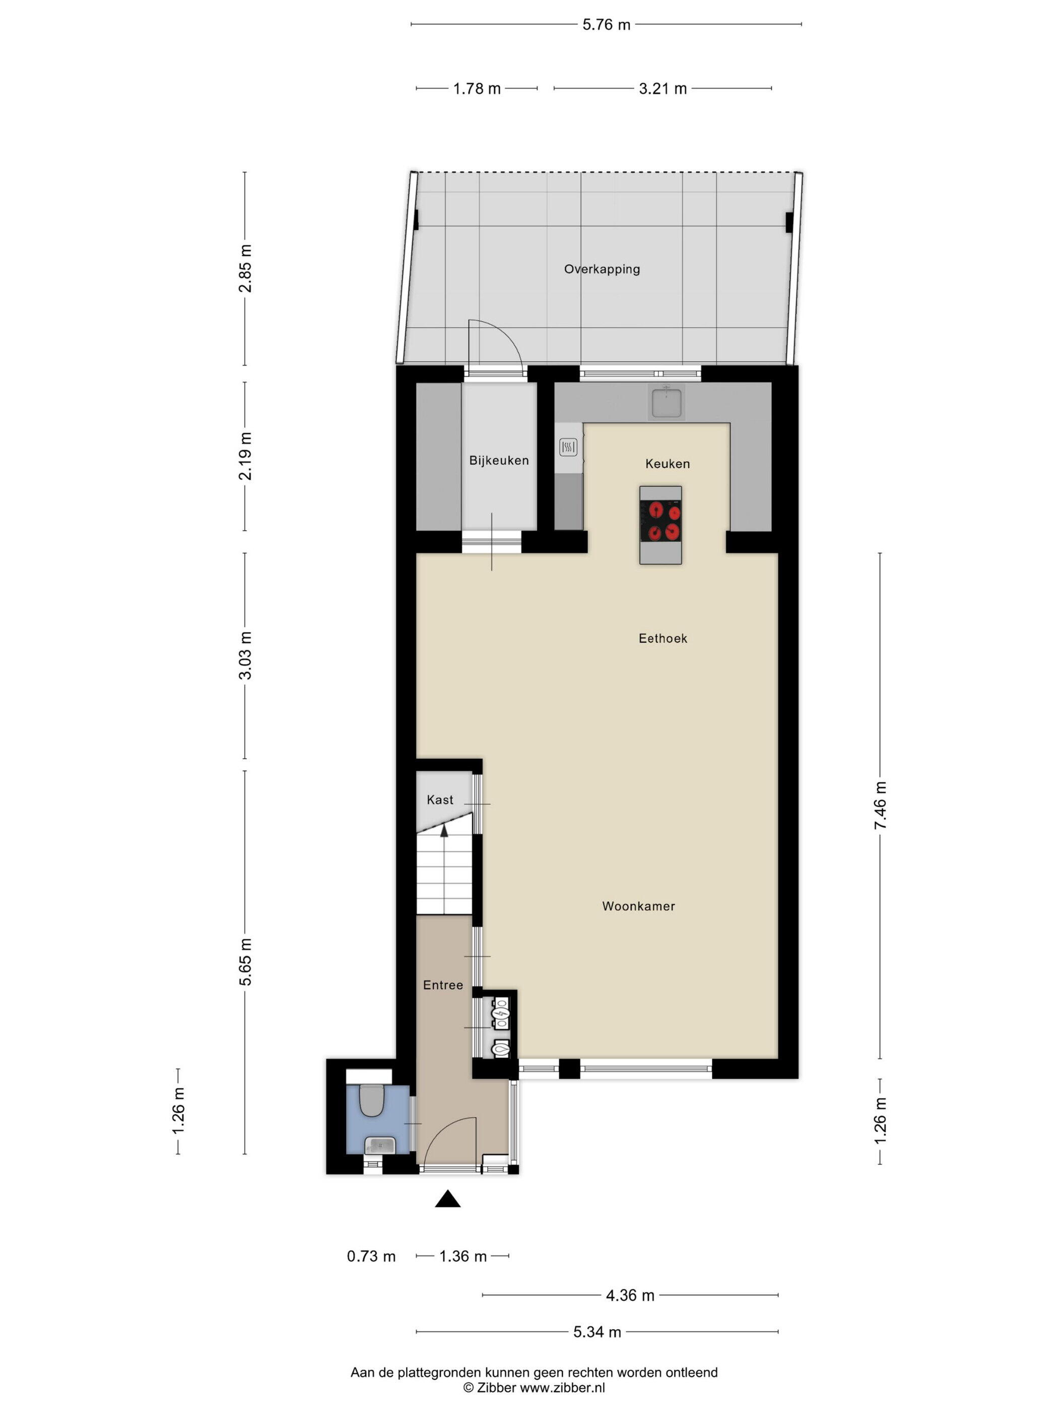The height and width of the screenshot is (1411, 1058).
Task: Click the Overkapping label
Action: [x=602, y=269]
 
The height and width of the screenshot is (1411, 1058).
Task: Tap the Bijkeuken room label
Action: [x=499, y=461]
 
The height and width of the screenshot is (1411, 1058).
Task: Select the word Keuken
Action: [x=667, y=464]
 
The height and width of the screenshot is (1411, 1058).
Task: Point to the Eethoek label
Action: [x=663, y=638]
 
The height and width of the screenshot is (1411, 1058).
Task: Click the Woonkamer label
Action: [x=638, y=907]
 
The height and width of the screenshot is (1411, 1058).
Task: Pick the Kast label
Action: [x=440, y=800]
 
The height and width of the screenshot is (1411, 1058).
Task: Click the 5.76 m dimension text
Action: [x=606, y=25]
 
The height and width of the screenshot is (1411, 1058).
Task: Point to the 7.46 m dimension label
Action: [x=880, y=805]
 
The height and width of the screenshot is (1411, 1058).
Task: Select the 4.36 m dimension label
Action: [x=630, y=1296]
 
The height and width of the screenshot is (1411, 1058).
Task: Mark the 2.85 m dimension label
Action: [x=245, y=269]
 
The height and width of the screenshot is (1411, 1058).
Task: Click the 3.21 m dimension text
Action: [x=663, y=89]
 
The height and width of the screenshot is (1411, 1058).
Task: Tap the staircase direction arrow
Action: [x=444, y=828]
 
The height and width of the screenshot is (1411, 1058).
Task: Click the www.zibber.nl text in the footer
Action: [x=562, y=1387]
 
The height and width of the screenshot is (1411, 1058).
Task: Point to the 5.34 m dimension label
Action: [x=597, y=1332]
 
